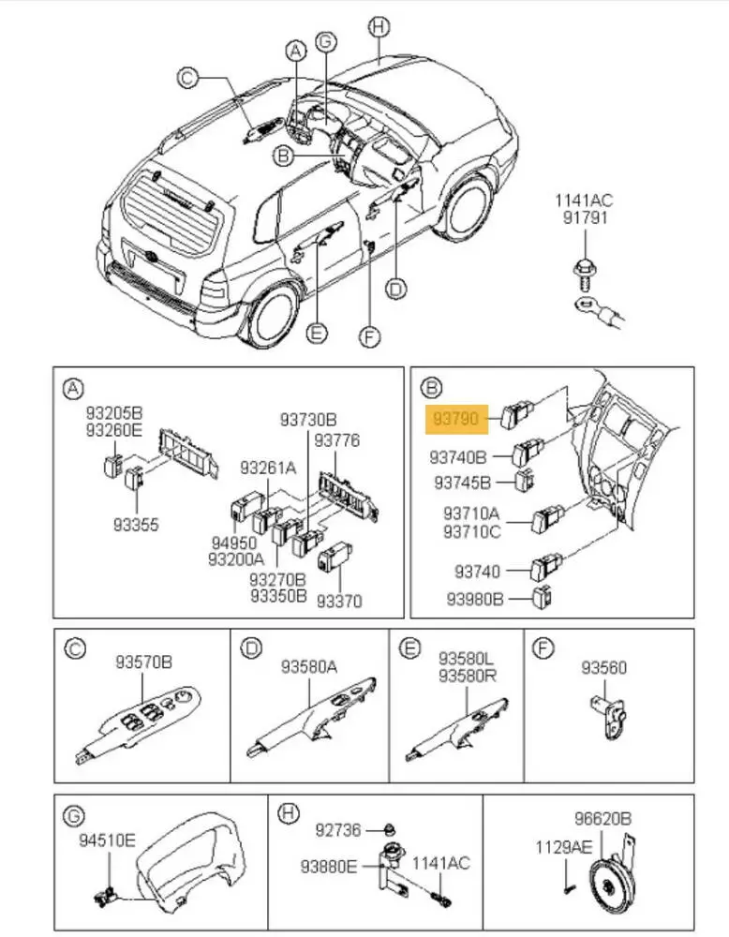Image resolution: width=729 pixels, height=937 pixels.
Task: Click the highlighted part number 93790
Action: [x=456, y=418]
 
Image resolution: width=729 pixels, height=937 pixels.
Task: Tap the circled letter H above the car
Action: [x=379, y=27]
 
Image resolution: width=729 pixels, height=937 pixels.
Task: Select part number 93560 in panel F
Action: [x=604, y=667]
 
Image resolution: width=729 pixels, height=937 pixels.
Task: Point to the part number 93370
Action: [x=339, y=601]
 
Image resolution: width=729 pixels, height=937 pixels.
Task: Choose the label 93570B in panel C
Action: [x=144, y=662]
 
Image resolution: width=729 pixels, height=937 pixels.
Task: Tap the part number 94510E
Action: [x=108, y=840]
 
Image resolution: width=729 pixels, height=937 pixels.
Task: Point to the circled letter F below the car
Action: [x=370, y=336]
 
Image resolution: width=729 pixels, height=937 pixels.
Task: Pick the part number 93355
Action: [x=136, y=525]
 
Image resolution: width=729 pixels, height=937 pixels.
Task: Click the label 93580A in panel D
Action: [x=309, y=666]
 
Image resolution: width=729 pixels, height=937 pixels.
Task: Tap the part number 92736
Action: [x=338, y=830]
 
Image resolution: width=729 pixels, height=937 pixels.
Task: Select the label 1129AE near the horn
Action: [x=563, y=847]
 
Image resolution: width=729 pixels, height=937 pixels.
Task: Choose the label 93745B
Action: [x=462, y=482]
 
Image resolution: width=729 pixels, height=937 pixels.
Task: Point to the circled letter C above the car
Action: [x=187, y=78]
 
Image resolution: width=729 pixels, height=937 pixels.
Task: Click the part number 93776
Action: [x=337, y=440]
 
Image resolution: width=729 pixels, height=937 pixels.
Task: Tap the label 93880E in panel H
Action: [x=329, y=866]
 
